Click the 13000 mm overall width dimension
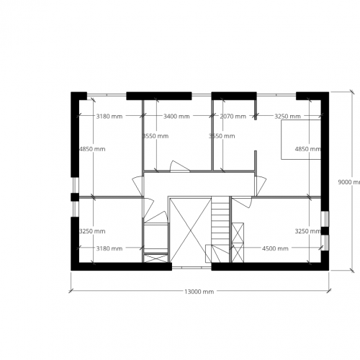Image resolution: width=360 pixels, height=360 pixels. pos(199,292)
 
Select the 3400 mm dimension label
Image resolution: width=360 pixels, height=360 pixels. pos(176,116)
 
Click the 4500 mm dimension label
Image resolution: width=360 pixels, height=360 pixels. pos(275,248)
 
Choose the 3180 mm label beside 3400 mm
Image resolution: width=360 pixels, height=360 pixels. pos(109,116)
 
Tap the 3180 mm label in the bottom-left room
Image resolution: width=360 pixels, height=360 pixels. pos(109,248)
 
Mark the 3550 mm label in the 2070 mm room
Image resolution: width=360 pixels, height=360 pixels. pos(220,135)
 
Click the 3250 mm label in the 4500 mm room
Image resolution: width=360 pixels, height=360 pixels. pos(307,231)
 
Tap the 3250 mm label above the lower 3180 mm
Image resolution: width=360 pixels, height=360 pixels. pos(92,231)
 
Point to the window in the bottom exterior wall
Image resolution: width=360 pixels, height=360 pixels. pos(191,266)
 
